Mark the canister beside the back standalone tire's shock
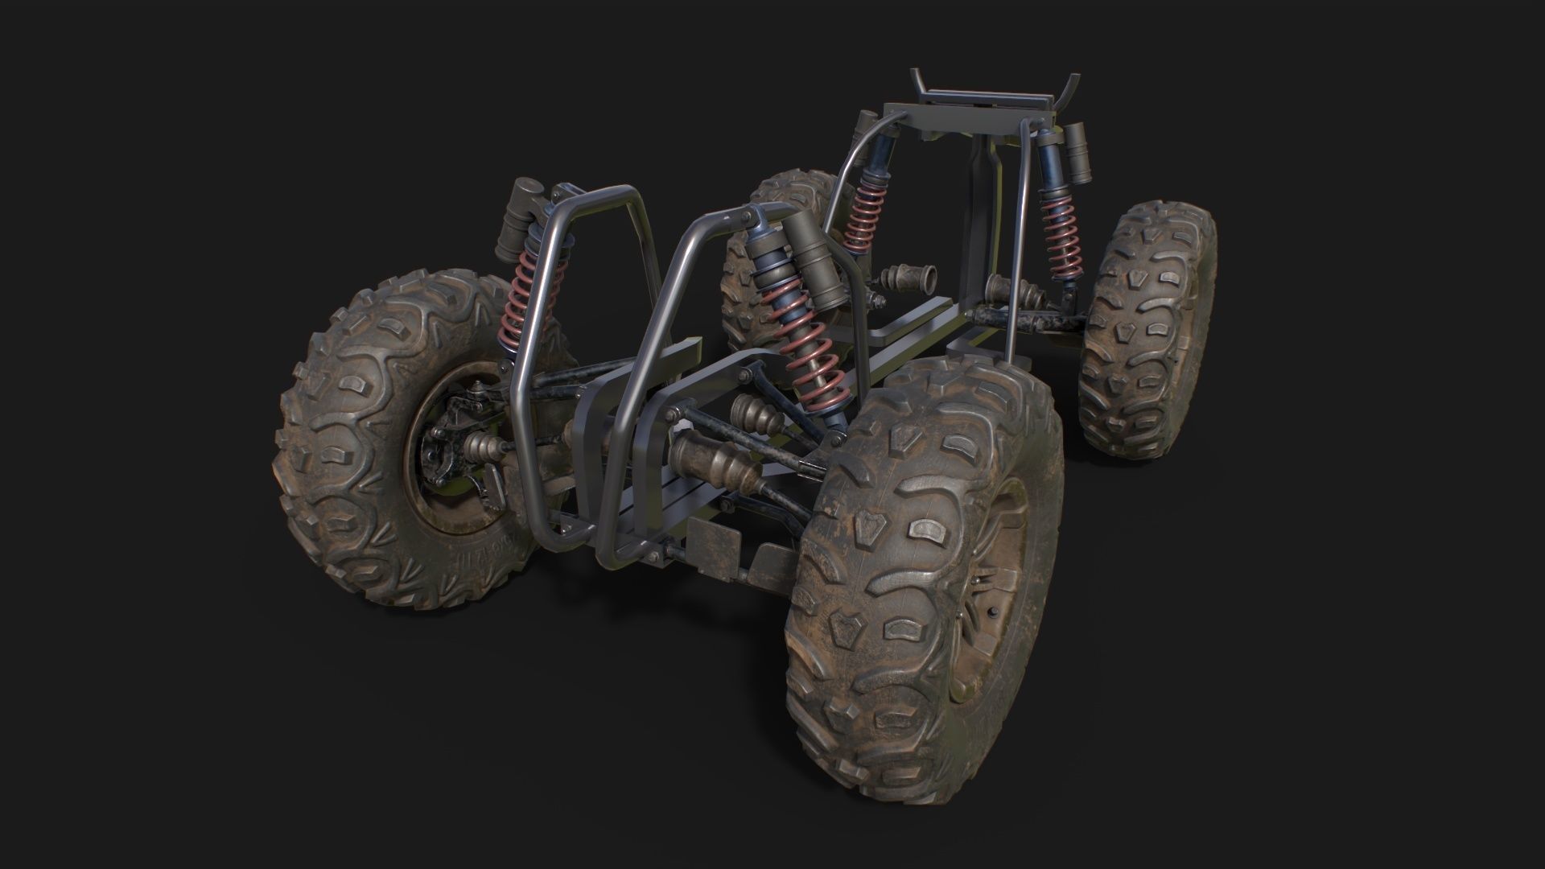point(1079,153)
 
